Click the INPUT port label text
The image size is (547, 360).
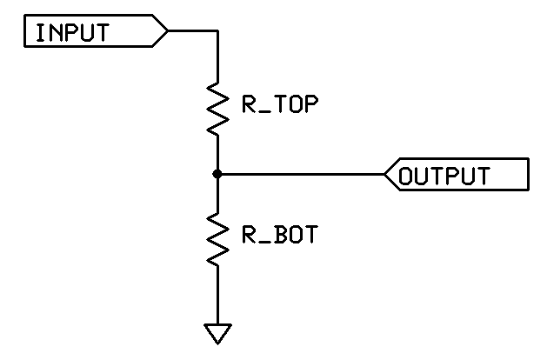pos(72,33)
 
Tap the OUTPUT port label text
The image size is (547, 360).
pos(444,176)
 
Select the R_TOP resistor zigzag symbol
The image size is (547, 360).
pos(217,109)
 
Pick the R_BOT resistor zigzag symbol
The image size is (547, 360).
pos(217,239)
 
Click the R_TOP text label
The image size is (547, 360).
pos(280,104)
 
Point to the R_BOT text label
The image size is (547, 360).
pos(280,234)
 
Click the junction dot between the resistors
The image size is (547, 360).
pos(217,174)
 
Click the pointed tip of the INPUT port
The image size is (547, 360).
pos(168,30)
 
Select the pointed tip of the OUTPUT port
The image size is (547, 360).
pos(384,174)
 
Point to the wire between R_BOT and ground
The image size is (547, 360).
pos(217,295)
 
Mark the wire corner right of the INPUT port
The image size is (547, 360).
pos(217,30)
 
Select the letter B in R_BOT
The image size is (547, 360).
pos(282,234)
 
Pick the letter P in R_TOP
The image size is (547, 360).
pos(312,104)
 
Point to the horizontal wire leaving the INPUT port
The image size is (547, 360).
pos(193,30)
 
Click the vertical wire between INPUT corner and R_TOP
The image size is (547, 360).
pos(217,57)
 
